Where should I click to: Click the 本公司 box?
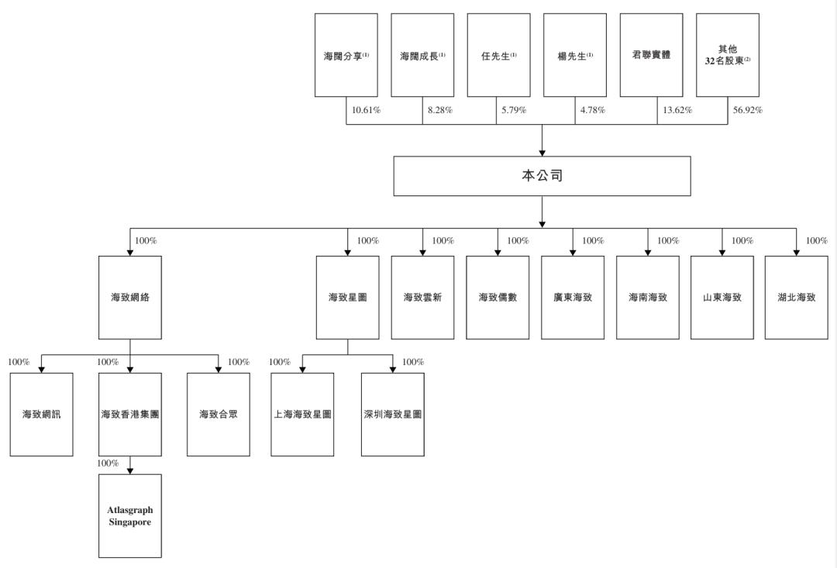point(542,176)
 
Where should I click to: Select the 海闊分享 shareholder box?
point(346,56)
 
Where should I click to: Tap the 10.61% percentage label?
point(366,110)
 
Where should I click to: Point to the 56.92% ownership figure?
point(748,110)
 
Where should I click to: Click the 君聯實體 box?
point(651,56)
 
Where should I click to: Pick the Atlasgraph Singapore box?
point(130,516)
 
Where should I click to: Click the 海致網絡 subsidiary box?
point(130,298)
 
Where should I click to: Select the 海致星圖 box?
point(347,298)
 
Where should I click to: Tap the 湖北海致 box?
point(796,298)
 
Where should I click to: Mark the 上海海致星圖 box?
point(302,415)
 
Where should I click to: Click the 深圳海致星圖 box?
point(393,415)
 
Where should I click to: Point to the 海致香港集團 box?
point(130,415)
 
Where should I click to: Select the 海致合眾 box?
point(219,415)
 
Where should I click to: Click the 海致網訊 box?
point(41,415)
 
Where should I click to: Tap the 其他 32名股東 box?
point(727,56)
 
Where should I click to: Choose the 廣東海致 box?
point(573,298)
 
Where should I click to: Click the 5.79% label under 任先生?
point(513,110)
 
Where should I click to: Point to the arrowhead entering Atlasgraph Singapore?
point(130,470)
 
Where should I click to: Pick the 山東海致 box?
point(722,298)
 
